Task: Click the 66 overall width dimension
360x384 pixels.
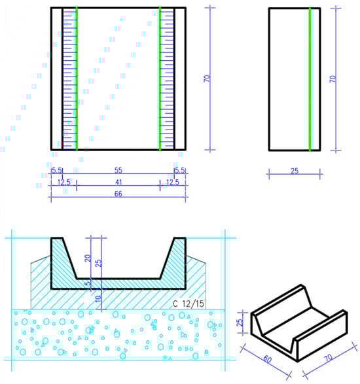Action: tap(118, 194)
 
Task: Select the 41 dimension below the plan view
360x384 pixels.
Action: tap(118, 183)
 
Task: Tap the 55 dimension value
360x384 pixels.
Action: tap(118, 171)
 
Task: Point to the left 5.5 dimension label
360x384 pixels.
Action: tap(56, 171)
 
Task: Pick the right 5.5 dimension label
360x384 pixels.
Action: tap(179, 171)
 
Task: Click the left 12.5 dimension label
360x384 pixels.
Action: tap(64, 183)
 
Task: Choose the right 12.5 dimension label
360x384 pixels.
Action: tap(173, 183)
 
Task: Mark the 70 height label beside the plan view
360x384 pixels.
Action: tap(207, 79)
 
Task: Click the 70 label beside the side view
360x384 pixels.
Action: tap(333, 79)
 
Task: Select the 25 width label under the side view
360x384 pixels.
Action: tap(295, 171)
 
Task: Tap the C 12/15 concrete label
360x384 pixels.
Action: tap(189, 304)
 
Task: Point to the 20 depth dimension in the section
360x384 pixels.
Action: tap(88, 258)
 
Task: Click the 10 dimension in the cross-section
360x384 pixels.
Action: tap(98, 298)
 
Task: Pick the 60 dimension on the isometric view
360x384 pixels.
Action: tap(267, 360)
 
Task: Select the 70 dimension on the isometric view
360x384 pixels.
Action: tap(329, 358)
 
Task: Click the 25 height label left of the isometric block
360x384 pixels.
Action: tap(241, 322)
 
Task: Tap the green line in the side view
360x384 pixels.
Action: tap(310, 79)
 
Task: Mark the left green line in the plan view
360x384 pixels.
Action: tap(77, 79)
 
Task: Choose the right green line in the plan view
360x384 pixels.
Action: tap(160, 79)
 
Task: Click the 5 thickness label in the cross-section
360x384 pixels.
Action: tap(88, 283)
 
